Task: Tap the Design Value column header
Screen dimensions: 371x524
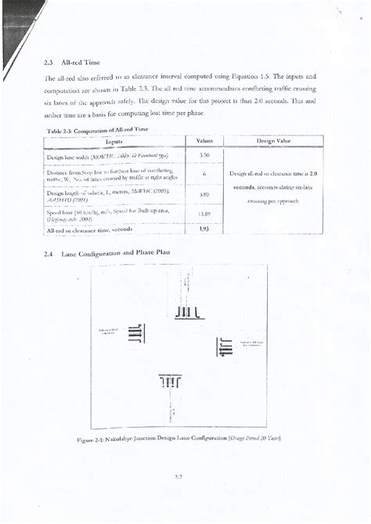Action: (x=269, y=140)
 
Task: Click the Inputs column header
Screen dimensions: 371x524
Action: (x=113, y=141)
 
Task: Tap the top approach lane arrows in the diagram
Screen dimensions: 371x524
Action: (x=189, y=313)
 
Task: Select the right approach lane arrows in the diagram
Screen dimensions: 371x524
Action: (x=226, y=345)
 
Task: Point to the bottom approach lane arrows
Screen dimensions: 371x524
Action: (x=170, y=381)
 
